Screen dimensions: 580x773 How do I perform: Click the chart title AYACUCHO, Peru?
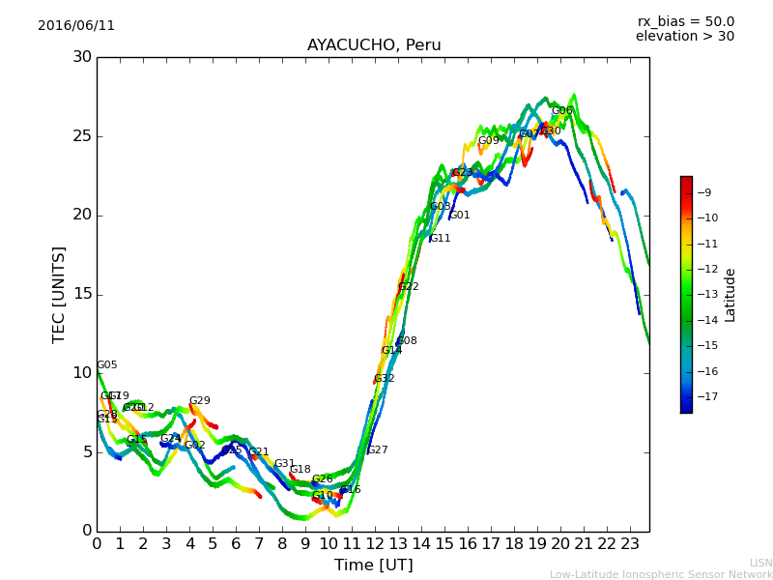pyautogui.click(x=373, y=45)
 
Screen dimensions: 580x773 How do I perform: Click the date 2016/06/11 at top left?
pyautogui.click(x=76, y=26)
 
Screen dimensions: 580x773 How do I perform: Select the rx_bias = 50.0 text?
pyautogui.click(x=685, y=21)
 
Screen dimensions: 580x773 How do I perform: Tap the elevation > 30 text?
pyautogui.click(x=685, y=37)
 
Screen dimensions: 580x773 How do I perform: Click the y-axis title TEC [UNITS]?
pyautogui.click(x=60, y=294)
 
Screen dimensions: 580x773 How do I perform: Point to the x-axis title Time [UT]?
pyautogui.click(x=373, y=565)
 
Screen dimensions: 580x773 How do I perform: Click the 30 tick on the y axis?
pyautogui.click(x=82, y=57)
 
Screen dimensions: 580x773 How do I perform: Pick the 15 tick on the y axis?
pyautogui.click(x=82, y=294)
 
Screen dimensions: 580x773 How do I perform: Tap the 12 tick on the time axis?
pyautogui.click(x=375, y=544)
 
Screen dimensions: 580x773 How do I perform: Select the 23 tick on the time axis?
pyautogui.click(x=630, y=544)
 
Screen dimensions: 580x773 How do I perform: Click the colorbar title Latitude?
pyautogui.click(x=730, y=295)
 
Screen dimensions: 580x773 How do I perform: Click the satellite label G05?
pyautogui.click(x=107, y=365)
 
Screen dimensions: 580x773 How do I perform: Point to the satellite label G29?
pyautogui.click(x=200, y=401)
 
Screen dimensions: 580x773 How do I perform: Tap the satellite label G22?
pyautogui.click(x=409, y=287)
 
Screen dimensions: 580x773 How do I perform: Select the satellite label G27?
pyautogui.click(x=378, y=450)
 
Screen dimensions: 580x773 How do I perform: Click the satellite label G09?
pyautogui.click(x=489, y=141)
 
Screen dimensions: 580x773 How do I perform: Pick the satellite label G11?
pyautogui.click(x=441, y=239)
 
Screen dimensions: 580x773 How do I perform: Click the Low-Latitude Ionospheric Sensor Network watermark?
pyautogui.click(x=661, y=575)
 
